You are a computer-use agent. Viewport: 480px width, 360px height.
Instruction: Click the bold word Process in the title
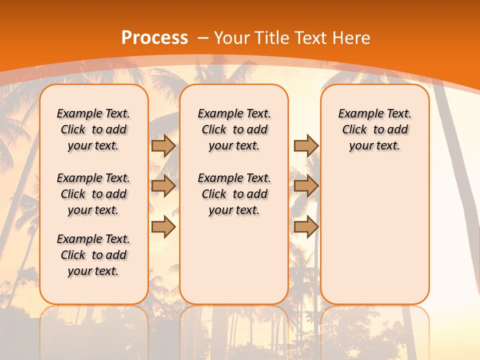tap(154, 38)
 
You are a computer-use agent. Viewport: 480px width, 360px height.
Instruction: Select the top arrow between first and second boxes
tap(163, 145)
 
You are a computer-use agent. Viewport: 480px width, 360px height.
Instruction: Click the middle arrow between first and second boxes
tap(163, 186)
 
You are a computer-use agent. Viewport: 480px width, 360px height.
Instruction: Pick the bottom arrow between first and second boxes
tap(163, 227)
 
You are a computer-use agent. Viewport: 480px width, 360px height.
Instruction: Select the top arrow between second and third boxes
tap(306, 145)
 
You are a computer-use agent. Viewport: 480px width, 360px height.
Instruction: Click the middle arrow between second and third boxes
tap(306, 186)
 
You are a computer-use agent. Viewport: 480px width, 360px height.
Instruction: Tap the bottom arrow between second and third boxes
tap(306, 227)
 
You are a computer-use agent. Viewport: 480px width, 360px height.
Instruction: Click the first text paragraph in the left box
tap(93, 129)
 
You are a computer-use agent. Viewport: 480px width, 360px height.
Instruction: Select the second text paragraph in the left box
tap(93, 194)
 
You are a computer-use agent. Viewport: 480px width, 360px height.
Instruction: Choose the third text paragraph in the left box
tap(93, 255)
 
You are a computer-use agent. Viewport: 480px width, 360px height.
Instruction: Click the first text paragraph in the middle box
tap(234, 129)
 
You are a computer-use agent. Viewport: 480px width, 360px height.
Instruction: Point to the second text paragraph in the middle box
tap(234, 194)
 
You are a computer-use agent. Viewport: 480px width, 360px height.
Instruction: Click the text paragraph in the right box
tap(375, 129)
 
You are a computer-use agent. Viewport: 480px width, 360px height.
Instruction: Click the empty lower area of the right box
tap(375, 235)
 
